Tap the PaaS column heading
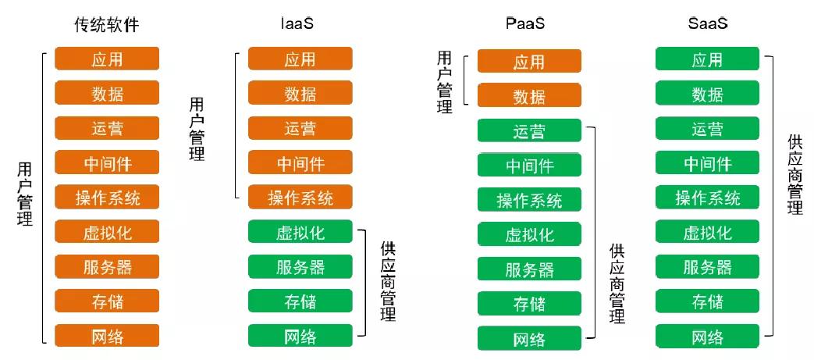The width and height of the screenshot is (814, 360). pos(525,23)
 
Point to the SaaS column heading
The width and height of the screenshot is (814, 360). pos(707,23)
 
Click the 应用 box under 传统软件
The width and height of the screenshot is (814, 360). pos(107,59)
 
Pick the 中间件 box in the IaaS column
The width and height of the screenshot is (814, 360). pos(300,162)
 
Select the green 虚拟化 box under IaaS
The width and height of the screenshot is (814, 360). pos(300,232)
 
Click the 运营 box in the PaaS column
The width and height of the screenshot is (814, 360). pos(529,131)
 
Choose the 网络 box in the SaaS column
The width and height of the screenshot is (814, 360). pos(707,337)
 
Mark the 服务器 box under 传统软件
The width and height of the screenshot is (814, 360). pos(107,267)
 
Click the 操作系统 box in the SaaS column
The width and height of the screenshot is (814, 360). pos(707,198)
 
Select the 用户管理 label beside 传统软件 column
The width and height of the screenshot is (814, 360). pos(25,194)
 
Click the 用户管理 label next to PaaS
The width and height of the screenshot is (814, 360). pos(445,82)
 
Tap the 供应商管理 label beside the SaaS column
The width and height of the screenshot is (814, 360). pos(795,174)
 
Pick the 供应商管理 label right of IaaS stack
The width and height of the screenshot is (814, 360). pos(388,281)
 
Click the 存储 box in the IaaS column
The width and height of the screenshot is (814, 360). pos(300,301)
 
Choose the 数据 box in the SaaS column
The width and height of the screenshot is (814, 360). pos(707,94)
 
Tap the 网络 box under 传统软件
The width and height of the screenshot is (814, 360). pos(107,337)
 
